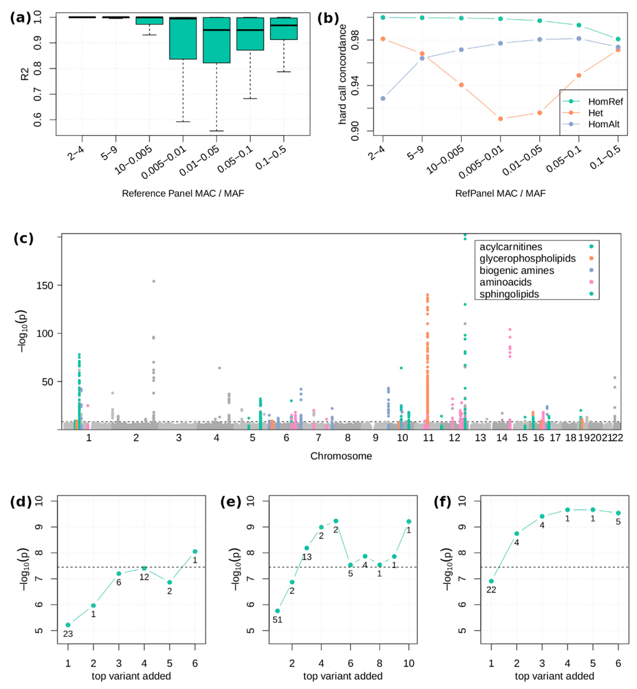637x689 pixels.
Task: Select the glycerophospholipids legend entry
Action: (527, 258)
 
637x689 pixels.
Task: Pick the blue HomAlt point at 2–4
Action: (383, 98)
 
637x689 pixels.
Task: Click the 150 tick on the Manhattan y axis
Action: (45, 286)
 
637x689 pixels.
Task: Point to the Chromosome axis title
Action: (341, 456)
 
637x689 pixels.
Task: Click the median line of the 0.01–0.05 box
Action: (216, 30)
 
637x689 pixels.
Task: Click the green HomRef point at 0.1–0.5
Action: (618, 39)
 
